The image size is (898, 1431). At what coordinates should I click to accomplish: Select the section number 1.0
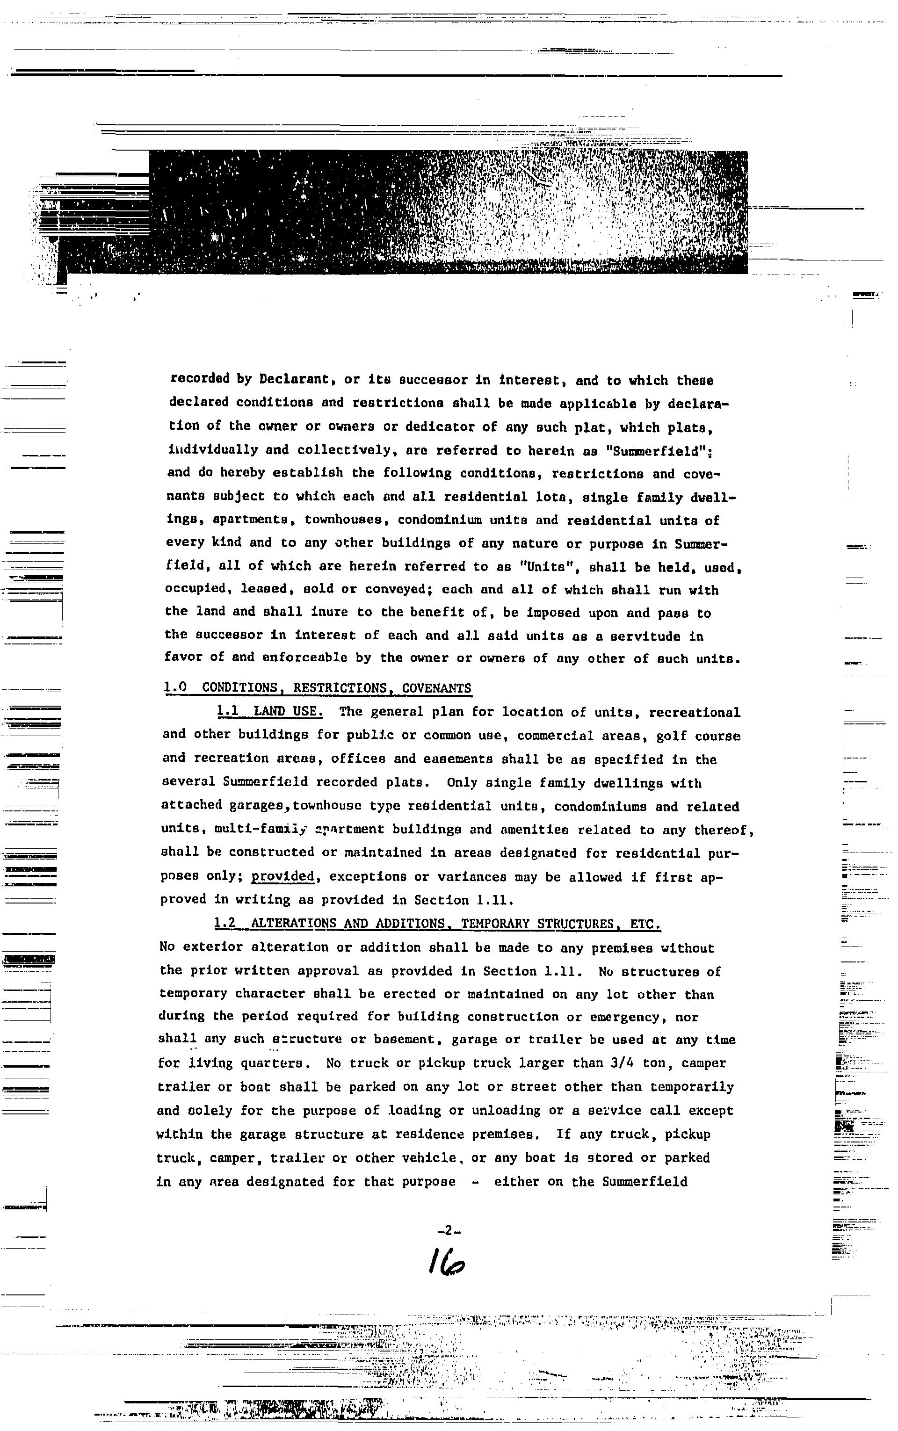(175, 687)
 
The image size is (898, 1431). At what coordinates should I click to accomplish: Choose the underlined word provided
(282, 876)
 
